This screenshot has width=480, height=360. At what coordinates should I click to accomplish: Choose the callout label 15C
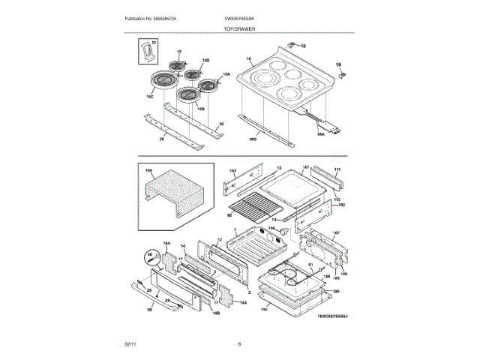pos(149,97)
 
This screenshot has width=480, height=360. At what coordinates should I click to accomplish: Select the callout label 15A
pos(226,73)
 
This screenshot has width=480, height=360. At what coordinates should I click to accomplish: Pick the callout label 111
pos(337,170)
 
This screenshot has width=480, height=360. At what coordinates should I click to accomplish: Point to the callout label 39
pos(149,308)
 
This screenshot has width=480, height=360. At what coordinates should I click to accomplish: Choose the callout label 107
pos(336,233)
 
